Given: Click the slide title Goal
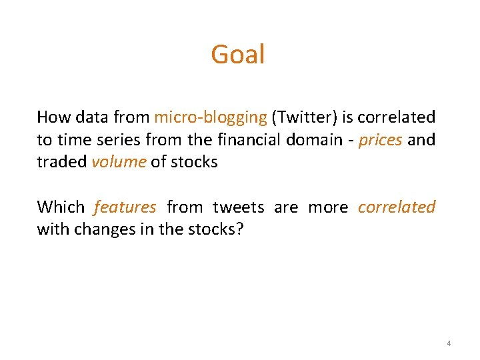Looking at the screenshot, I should (238, 55).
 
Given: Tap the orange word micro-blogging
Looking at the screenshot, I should (210, 117).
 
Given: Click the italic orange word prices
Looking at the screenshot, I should (380, 140).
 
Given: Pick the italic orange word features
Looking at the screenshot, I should (125, 207).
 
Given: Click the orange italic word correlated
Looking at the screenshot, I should (396, 207).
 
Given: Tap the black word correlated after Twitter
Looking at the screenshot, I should (396, 117).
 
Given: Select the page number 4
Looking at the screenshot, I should (449, 343).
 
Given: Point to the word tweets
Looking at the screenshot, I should (238, 207).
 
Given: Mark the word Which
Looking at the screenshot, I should (61, 207).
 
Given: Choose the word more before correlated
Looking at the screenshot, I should (328, 207).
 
